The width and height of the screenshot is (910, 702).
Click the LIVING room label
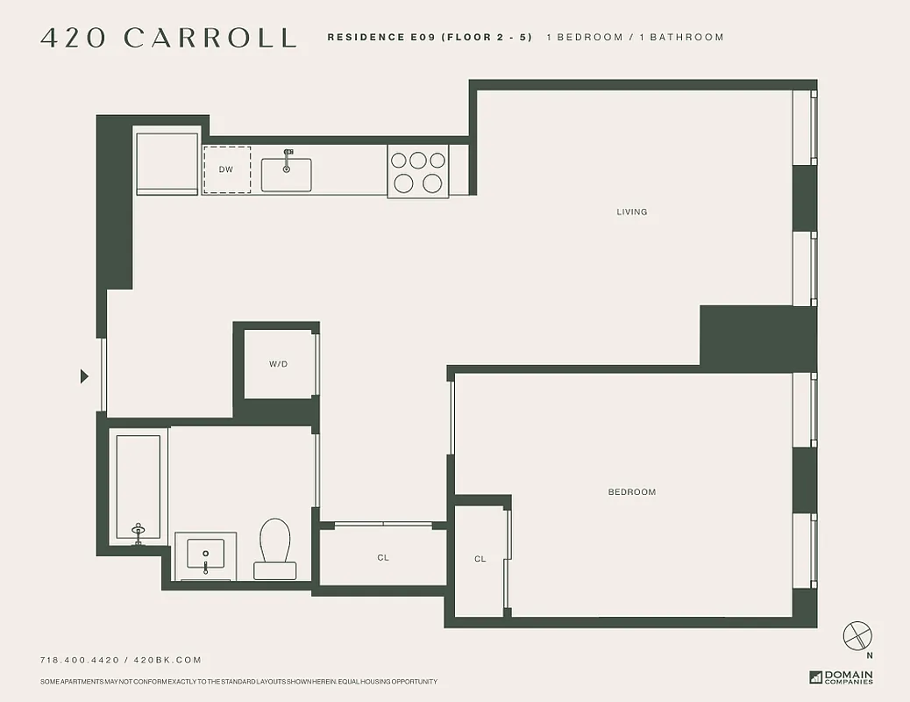click(x=631, y=211)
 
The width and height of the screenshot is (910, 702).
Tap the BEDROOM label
click(x=631, y=492)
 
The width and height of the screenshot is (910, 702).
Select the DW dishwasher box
click(x=227, y=169)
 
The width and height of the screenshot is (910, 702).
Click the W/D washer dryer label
click(x=278, y=363)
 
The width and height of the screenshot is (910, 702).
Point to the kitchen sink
click(x=286, y=174)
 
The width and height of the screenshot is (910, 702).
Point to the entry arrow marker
click(x=84, y=376)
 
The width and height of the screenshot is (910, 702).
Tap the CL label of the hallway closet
click(x=383, y=558)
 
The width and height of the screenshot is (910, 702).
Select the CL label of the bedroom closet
click(x=480, y=559)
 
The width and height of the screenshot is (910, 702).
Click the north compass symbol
click(x=857, y=637)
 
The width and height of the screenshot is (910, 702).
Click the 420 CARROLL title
click(x=168, y=38)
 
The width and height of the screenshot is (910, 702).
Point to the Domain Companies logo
click(x=842, y=677)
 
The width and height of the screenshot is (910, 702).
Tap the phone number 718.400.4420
click(x=81, y=660)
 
